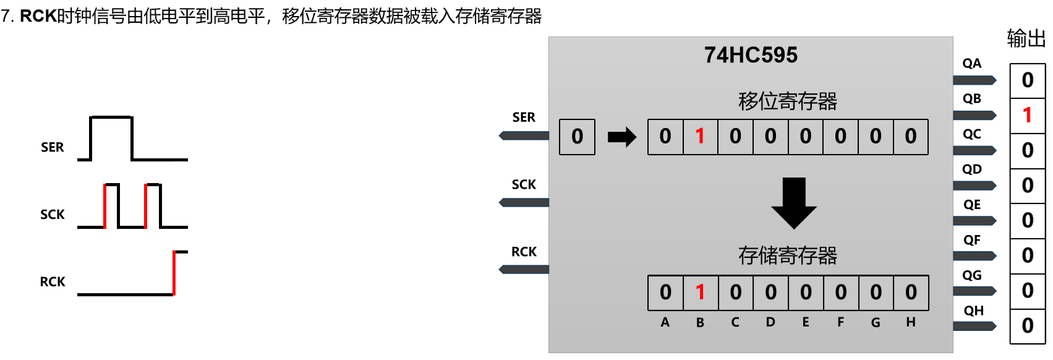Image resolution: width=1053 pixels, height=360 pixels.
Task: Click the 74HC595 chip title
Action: coord(751,55)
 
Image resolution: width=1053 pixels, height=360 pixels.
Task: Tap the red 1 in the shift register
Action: coord(700,136)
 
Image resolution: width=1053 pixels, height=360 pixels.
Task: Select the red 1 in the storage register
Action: coord(700,292)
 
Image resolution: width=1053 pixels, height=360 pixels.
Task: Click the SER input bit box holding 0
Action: coord(577,137)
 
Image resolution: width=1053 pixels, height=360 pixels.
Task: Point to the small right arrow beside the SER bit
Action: coord(621,137)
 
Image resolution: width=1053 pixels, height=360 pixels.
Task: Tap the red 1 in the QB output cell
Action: coord(1027,115)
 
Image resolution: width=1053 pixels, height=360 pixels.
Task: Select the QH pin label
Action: coord(973,311)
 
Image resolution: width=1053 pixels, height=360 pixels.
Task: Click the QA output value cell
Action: coord(1027,80)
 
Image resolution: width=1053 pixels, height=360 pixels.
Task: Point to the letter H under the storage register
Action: coord(911,322)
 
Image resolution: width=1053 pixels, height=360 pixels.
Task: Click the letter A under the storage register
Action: coord(665,322)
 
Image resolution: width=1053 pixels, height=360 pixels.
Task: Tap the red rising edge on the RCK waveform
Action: coord(174,273)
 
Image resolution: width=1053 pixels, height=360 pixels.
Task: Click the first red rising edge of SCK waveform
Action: coord(105,206)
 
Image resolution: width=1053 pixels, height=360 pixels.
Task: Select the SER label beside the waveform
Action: coord(53,147)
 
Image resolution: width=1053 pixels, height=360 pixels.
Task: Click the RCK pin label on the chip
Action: coord(524,252)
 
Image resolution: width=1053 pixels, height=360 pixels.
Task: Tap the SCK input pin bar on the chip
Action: coord(524,202)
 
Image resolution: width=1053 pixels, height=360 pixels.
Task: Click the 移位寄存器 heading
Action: coord(787,101)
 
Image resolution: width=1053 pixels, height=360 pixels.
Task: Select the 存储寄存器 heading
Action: coord(787,255)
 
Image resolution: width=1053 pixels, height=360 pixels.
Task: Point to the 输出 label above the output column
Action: coord(1026,39)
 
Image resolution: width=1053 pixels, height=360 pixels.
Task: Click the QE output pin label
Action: coord(972,205)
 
